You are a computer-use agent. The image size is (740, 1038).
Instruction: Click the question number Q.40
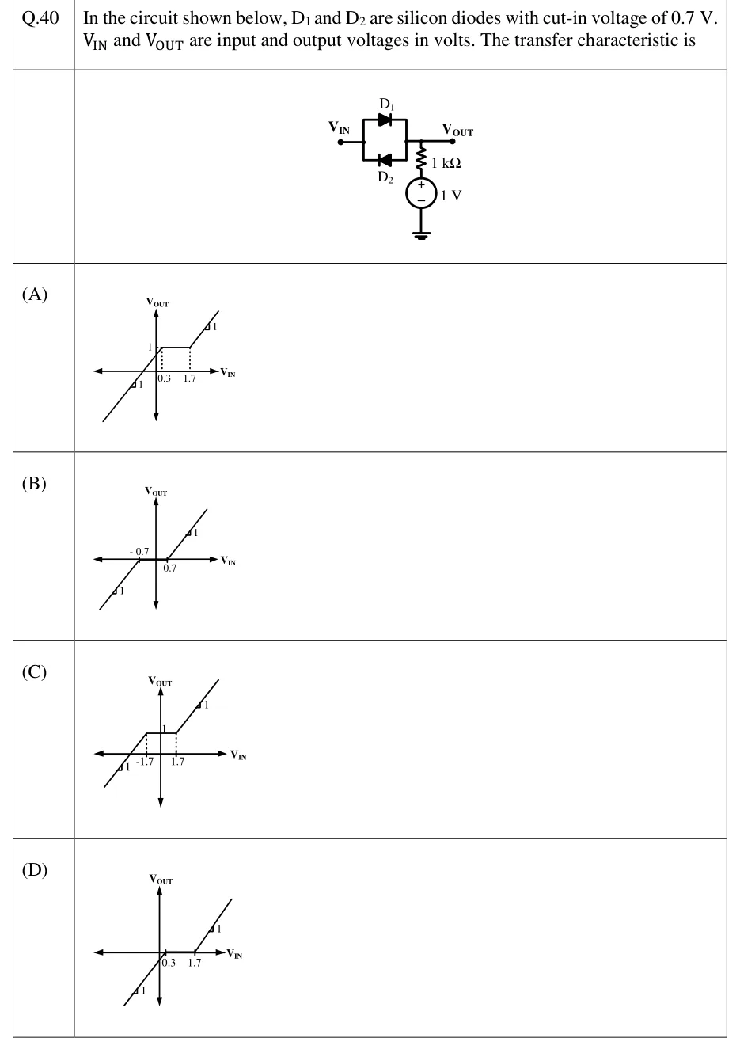(40, 17)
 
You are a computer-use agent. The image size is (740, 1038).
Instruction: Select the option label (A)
(35, 295)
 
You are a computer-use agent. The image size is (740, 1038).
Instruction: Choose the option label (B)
(34, 483)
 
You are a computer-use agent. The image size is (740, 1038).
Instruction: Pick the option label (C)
(34, 671)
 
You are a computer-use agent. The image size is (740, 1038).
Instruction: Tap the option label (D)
(35, 870)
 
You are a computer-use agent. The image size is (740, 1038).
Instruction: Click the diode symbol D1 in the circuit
(385, 120)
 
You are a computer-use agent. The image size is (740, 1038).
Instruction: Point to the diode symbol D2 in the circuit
(385, 160)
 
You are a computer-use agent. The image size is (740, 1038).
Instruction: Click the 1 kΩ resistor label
(446, 163)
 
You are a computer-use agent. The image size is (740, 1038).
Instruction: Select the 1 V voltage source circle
(421, 193)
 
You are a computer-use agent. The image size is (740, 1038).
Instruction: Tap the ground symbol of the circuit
(421, 235)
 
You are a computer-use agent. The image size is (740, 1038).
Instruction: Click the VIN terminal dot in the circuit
(341, 143)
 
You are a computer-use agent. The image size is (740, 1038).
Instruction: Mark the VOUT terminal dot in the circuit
(453, 141)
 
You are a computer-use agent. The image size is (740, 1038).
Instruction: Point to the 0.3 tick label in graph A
(164, 378)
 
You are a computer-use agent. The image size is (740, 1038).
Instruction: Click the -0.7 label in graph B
(139, 551)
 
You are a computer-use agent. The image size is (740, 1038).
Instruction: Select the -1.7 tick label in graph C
(145, 762)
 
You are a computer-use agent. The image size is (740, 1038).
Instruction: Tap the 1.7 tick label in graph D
(195, 963)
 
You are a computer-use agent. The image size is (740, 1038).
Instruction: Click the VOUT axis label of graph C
(160, 681)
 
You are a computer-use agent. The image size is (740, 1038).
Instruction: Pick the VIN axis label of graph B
(228, 561)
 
